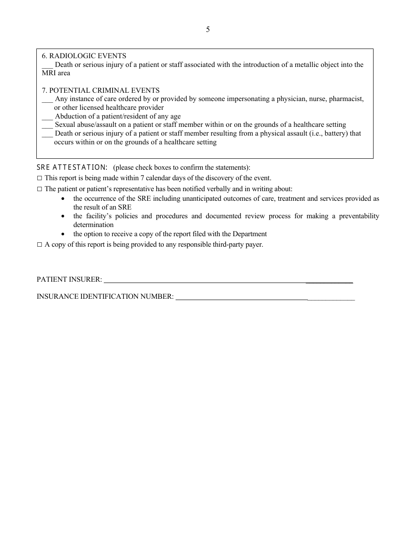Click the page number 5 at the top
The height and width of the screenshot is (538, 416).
coord(208,30)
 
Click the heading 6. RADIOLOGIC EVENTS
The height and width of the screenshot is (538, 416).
coord(84,56)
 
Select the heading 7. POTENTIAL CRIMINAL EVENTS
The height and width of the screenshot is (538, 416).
coord(101,91)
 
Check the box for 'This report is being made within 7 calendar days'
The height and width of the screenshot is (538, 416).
coord(39,178)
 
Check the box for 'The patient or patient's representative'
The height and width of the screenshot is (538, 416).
coord(39,189)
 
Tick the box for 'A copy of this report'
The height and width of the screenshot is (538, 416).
coord(39,245)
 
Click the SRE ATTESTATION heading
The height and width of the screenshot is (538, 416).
coord(72,168)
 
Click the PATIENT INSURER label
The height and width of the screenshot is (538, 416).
coord(69,279)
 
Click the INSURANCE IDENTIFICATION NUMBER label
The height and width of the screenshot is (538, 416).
coord(105,297)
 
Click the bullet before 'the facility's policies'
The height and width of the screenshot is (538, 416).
coord(63,217)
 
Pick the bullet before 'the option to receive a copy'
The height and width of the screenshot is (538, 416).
coord(63,234)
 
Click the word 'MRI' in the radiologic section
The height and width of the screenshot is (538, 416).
coord(49,73)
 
